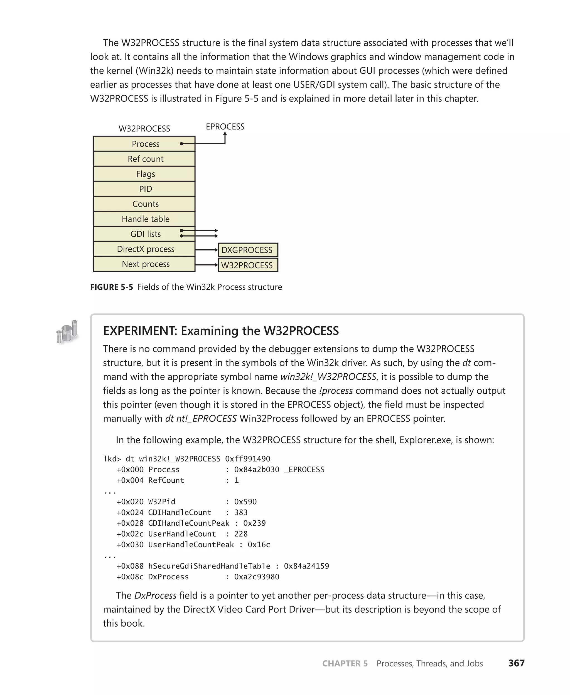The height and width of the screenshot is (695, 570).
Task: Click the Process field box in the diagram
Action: (144, 144)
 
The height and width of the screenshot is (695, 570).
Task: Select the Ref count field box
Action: (144, 159)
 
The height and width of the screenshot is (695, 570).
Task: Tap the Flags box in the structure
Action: (144, 174)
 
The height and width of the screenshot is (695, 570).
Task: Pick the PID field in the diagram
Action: (144, 189)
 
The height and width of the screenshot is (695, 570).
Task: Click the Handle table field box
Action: (144, 219)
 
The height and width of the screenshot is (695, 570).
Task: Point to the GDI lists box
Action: (144, 234)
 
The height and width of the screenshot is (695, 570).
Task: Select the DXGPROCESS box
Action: (248, 250)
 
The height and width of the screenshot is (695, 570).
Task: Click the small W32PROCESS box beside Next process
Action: (248, 265)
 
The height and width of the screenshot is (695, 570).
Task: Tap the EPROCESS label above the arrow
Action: (225, 126)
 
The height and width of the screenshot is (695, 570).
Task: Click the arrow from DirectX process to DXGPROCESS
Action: (206, 250)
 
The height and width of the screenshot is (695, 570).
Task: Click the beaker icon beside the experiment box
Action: (67, 332)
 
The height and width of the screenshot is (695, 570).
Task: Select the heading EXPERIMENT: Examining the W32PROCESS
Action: (221, 331)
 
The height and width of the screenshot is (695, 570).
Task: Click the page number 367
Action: (516, 663)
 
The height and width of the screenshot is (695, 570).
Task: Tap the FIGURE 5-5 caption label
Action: (112, 287)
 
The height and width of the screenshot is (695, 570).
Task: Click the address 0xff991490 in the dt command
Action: (248, 458)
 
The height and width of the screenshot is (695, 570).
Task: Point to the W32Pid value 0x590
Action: (245, 502)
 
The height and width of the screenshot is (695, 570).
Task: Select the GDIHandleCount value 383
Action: (241, 512)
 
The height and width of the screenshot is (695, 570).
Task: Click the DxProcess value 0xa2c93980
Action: (256, 577)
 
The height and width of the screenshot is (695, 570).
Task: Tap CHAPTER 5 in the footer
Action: (345, 664)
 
